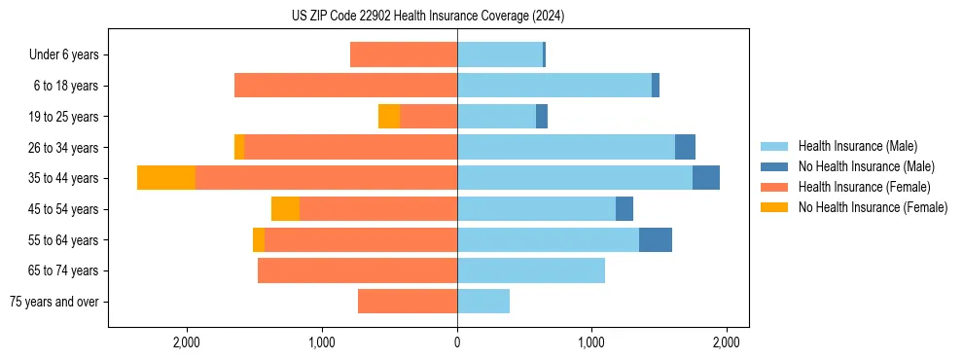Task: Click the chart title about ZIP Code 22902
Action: pyautogui.click(x=428, y=17)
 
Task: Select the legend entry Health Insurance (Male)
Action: pyautogui.click(x=856, y=146)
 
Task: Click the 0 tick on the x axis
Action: pyautogui.click(x=457, y=342)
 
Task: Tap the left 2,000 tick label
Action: pyautogui.click(x=186, y=342)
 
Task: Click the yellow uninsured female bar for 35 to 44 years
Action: pyautogui.click(x=166, y=178)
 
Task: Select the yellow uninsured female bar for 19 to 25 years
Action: pyautogui.click(x=389, y=117)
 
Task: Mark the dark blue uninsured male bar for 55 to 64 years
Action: pyautogui.click(x=656, y=240)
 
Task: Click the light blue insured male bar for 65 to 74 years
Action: pyautogui.click(x=531, y=270)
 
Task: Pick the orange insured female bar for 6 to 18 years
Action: pyautogui.click(x=345, y=86)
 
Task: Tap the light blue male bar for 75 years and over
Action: pyautogui.click(x=483, y=302)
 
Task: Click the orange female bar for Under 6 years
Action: pyautogui.click(x=404, y=55)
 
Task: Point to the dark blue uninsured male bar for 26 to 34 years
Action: pyautogui.click(x=685, y=147)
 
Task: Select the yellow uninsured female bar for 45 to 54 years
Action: pyautogui.click(x=285, y=209)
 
